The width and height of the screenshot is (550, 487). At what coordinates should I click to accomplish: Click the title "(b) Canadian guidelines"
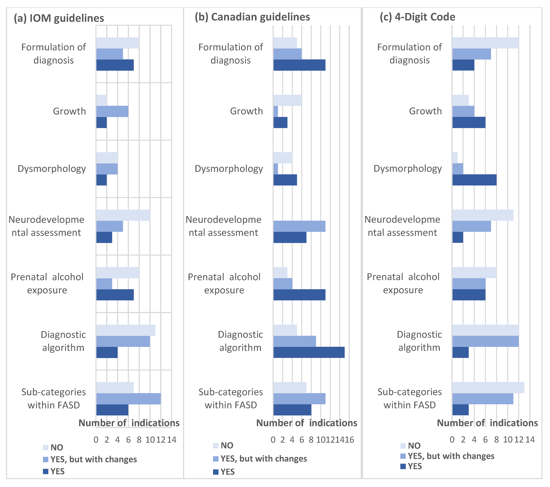click(x=252, y=17)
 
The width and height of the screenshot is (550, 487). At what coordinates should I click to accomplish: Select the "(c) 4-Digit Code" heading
click(x=417, y=17)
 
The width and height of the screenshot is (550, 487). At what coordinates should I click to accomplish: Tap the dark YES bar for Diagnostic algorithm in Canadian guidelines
click(x=309, y=352)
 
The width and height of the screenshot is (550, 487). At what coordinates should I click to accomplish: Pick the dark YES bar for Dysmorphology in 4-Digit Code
click(x=474, y=180)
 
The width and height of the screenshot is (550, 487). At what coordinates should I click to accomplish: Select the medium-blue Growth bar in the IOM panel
click(x=112, y=111)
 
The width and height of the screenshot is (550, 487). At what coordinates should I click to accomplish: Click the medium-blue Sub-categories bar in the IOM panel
click(x=128, y=399)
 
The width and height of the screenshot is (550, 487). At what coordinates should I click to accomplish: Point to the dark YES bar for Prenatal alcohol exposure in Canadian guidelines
click(x=299, y=295)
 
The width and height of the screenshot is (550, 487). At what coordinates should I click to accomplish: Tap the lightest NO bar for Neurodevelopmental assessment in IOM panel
click(x=123, y=215)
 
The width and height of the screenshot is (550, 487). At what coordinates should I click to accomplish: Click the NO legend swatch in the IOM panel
click(x=45, y=448)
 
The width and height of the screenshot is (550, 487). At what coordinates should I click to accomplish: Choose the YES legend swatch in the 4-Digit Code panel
click(x=403, y=466)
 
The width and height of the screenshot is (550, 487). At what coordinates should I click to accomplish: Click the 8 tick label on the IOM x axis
click(x=139, y=440)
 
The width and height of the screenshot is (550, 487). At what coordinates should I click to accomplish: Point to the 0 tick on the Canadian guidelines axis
click(x=273, y=440)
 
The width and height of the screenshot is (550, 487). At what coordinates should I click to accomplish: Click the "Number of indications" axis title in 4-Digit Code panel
click(x=487, y=423)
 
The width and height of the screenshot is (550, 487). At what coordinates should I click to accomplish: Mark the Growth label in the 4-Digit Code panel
click(x=425, y=111)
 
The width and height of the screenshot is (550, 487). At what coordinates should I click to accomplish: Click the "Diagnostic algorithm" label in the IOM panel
click(x=63, y=341)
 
